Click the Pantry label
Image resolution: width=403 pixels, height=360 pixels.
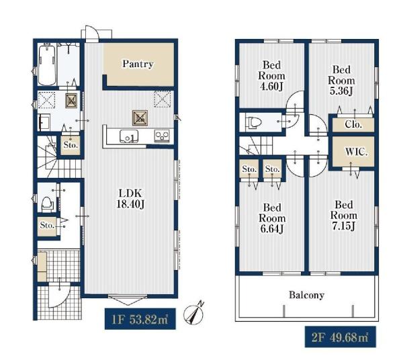[138, 64]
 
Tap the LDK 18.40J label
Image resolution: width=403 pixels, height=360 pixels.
[130, 199]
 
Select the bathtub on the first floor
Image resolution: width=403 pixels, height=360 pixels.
[47, 65]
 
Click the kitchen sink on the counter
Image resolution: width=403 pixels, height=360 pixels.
[128, 136]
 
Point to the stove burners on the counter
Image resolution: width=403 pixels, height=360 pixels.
[162, 136]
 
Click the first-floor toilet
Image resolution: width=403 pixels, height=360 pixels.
[47, 203]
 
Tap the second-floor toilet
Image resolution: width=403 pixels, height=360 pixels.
[253, 122]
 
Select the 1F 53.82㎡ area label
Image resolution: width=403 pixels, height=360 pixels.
[140, 319]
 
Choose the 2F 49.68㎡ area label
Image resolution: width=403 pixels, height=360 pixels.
[341, 337]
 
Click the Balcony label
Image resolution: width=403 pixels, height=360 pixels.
[306, 295]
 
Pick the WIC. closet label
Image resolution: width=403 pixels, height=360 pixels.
[356, 152]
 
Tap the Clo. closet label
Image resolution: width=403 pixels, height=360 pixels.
[353, 125]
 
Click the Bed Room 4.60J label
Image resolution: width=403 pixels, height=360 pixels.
[271, 76]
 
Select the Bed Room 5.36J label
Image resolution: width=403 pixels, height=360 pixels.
[341, 80]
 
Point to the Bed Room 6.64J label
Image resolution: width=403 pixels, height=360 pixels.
[272, 218]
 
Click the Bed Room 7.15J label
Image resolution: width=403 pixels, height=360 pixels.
[344, 216]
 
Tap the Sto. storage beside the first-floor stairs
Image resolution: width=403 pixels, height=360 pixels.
[71, 145]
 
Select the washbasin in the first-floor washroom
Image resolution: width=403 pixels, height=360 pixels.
[44, 122]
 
